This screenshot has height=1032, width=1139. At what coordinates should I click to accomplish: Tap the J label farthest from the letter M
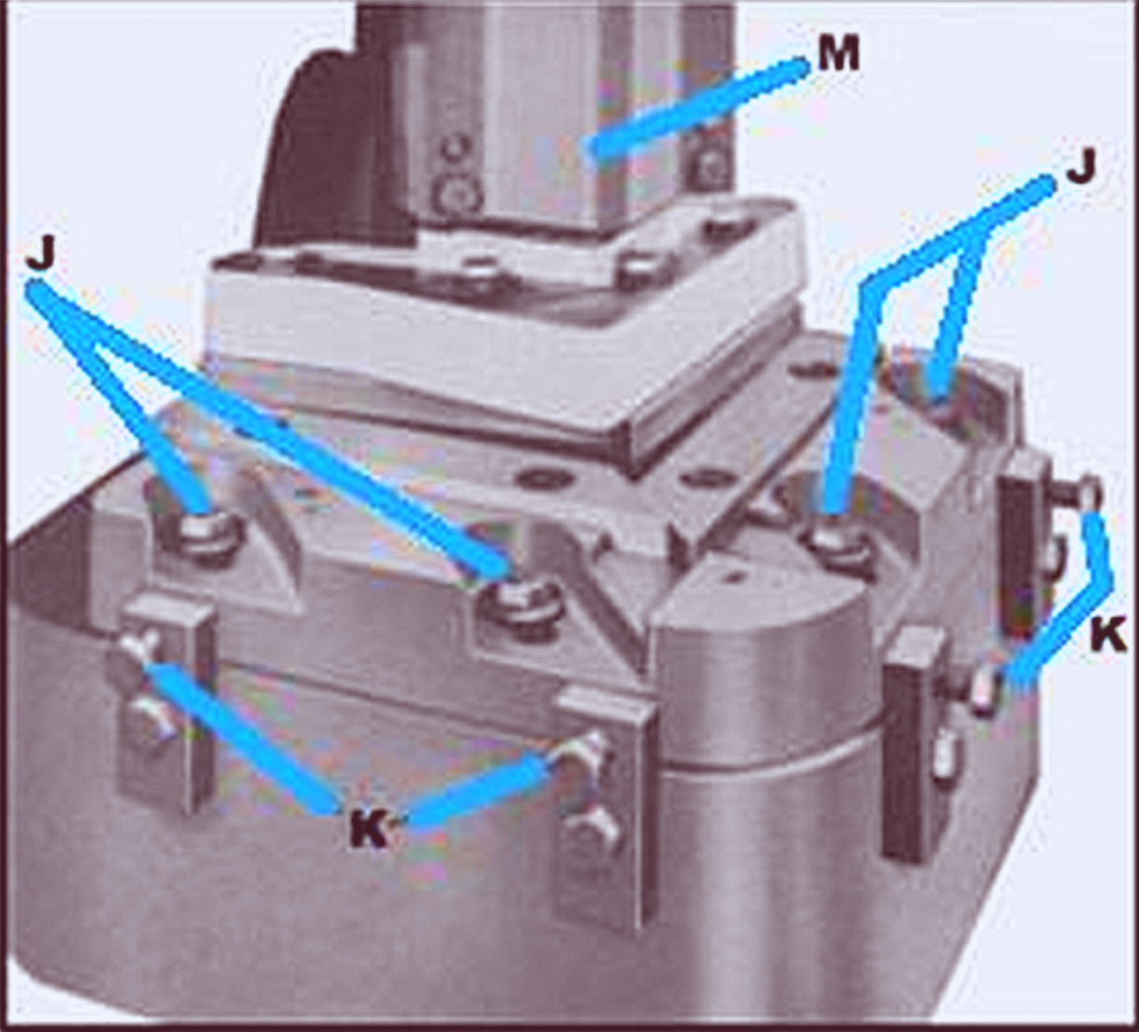pos(42,256)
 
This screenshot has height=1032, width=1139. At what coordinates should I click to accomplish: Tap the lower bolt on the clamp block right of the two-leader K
pos(596,826)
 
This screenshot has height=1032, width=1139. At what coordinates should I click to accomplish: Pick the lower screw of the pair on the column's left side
pos(455,194)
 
